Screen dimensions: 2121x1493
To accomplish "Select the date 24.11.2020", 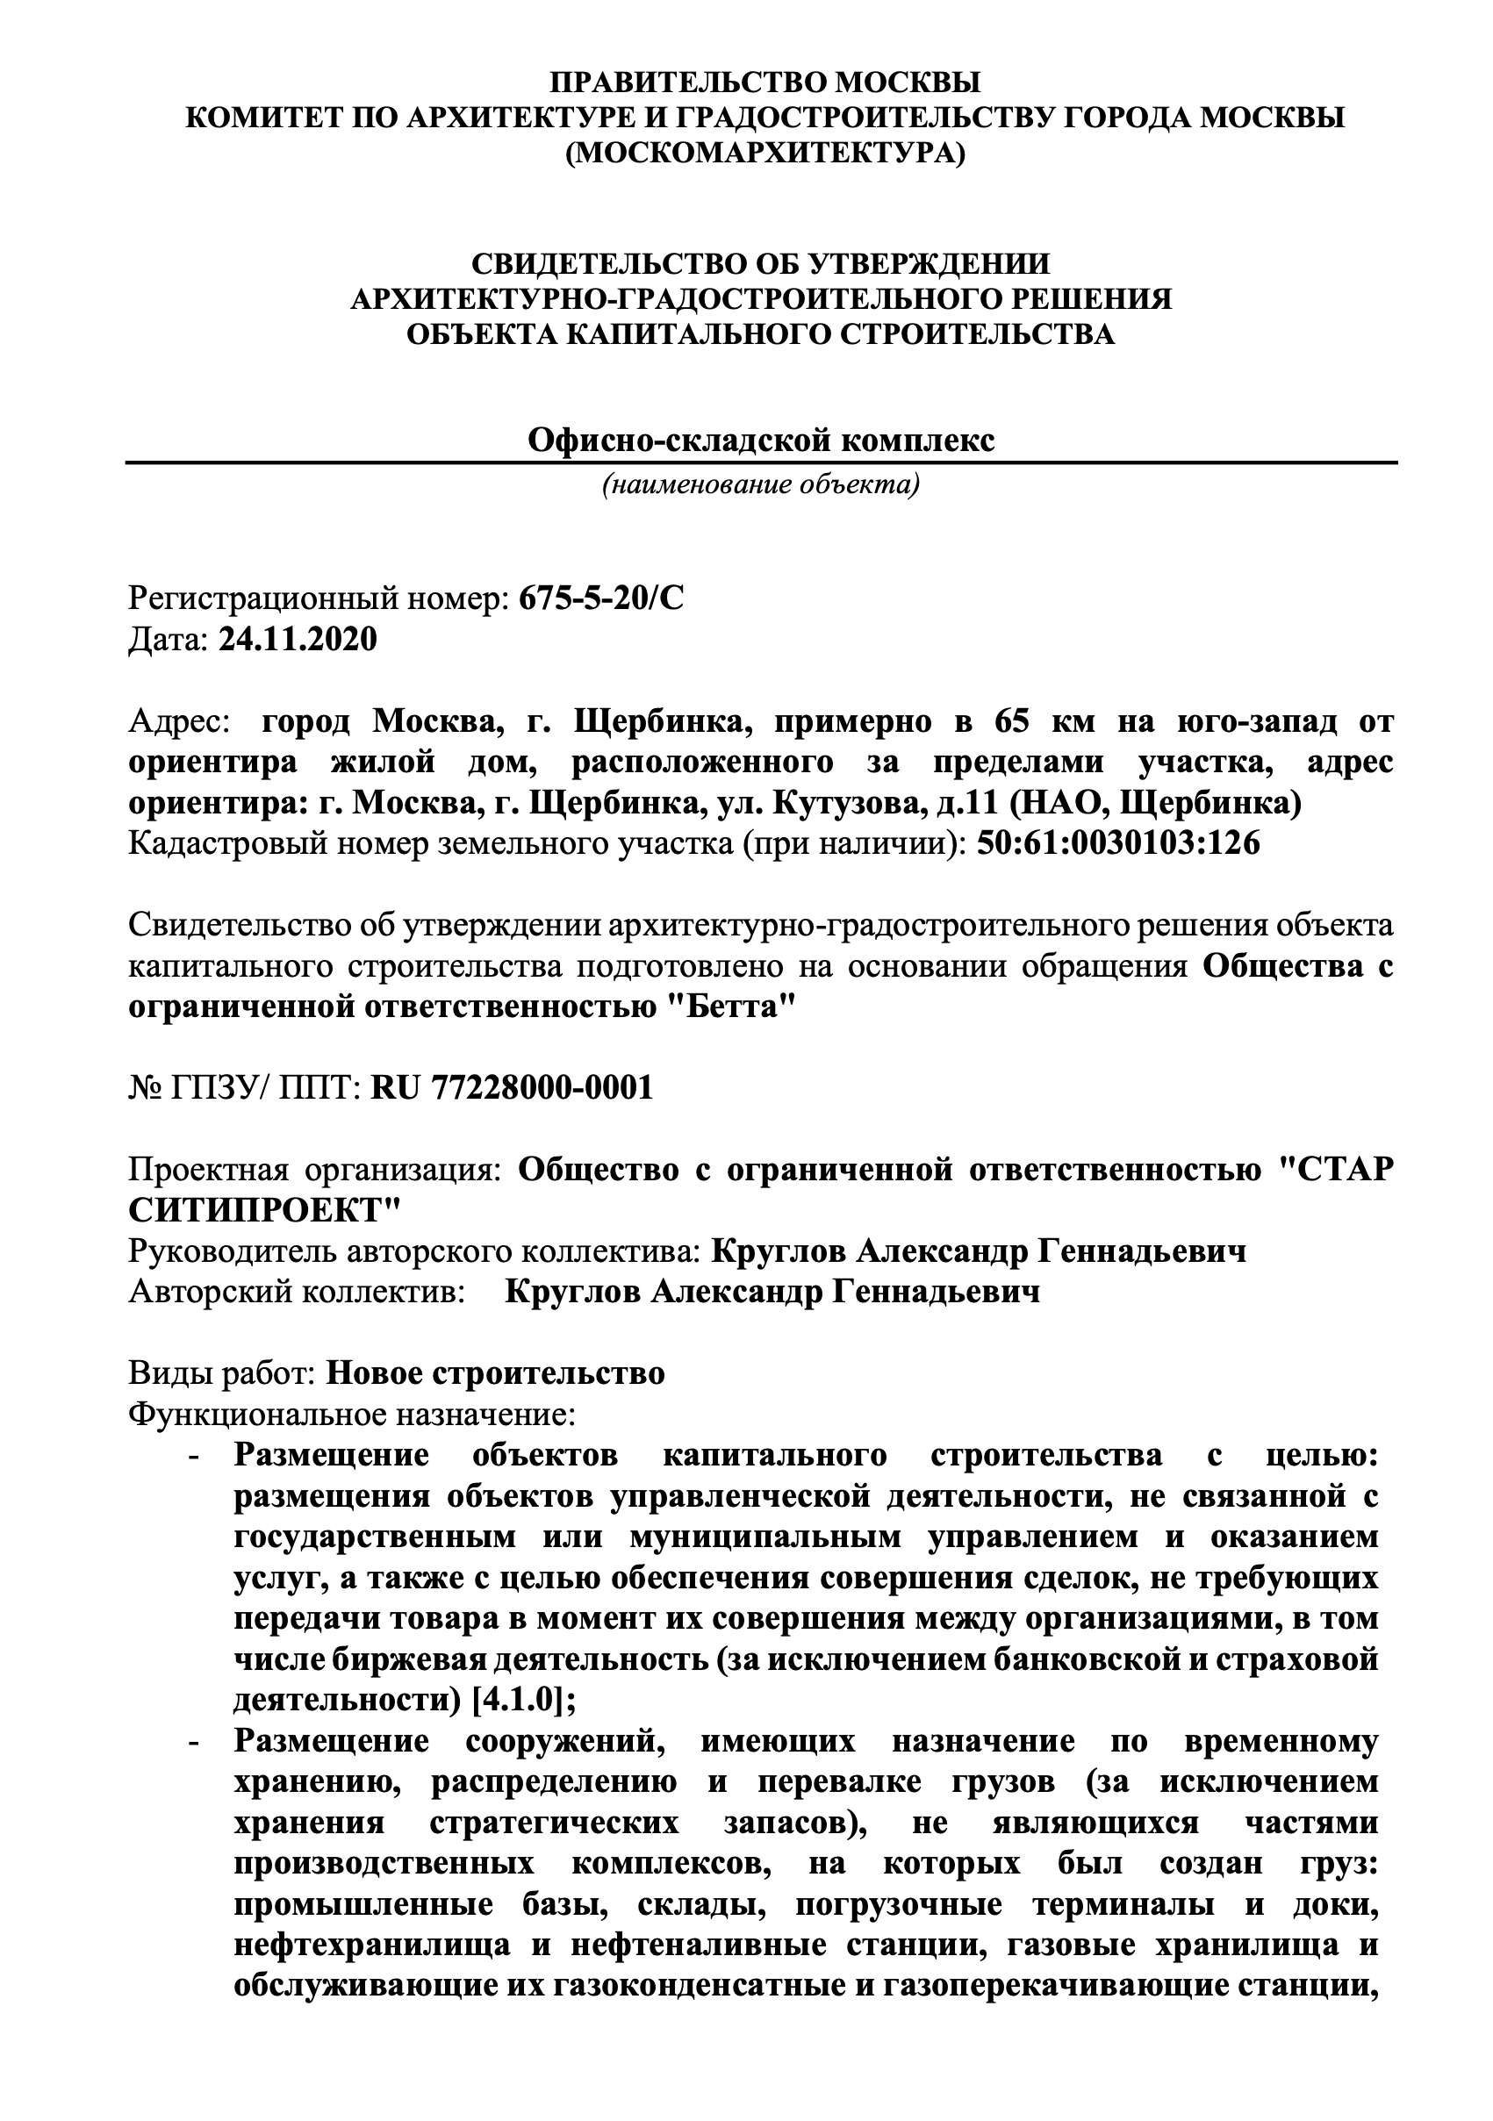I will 298,639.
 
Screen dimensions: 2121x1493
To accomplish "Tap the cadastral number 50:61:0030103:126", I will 1118,843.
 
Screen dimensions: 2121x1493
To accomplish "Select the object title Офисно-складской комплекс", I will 761,440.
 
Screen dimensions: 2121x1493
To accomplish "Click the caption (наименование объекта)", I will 761,484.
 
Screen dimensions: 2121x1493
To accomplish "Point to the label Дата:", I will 169,639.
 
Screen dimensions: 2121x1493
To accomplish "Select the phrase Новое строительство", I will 495,1372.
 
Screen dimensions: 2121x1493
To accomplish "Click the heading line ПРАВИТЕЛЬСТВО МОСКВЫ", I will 765,82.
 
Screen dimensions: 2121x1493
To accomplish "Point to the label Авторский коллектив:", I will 297,1291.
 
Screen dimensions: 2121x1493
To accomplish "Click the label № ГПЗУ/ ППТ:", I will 244,1087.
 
